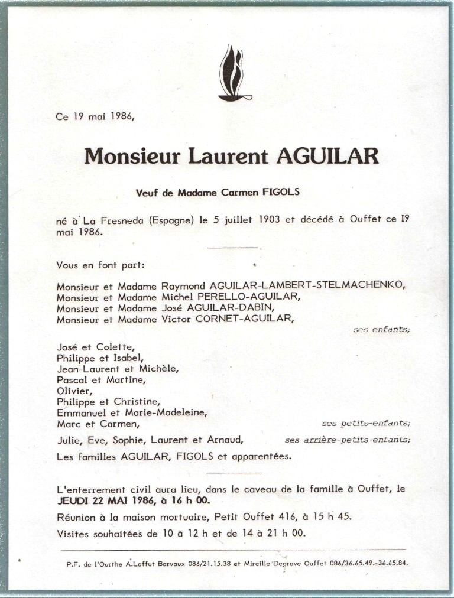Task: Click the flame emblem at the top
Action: click(x=234, y=74)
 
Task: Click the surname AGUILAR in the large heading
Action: click(x=327, y=157)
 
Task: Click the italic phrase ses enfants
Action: click(x=381, y=330)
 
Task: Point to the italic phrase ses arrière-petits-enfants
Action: click(x=347, y=440)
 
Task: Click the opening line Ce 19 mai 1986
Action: click(x=95, y=117)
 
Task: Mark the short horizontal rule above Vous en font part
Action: click(x=233, y=247)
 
